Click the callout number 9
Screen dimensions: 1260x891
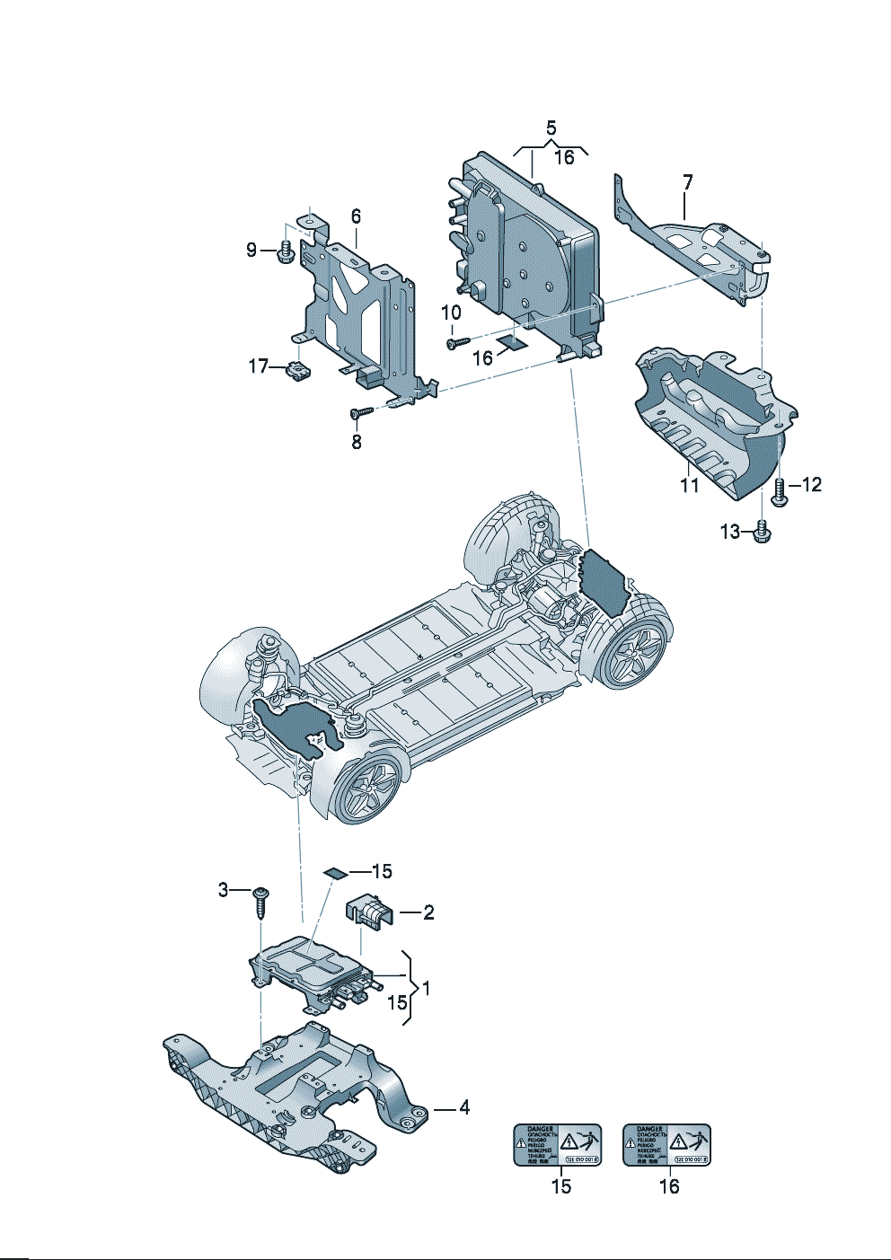[x=252, y=250]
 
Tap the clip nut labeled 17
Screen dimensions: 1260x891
[x=297, y=368]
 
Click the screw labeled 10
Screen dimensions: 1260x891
[x=456, y=341]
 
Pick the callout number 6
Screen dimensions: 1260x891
[x=356, y=216]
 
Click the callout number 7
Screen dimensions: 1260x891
[x=687, y=182]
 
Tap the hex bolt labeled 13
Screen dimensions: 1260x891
[x=763, y=532]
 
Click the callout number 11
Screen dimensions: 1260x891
[x=689, y=485]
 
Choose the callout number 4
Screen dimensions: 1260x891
[x=463, y=1108]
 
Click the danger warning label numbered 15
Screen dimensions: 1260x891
[x=557, y=1145]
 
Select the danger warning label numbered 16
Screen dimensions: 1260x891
[x=667, y=1145]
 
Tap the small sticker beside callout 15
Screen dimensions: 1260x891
[x=335, y=872]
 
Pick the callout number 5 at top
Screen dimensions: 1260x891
[x=551, y=128]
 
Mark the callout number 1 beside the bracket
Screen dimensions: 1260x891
[x=426, y=988]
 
